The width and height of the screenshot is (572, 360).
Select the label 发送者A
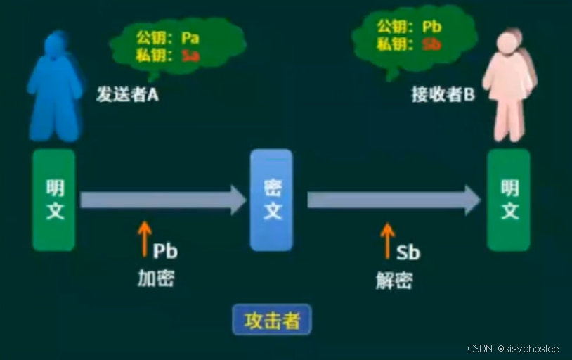pyautogui.click(x=127, y=96)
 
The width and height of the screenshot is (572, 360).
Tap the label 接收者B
pyautogui.click(x=443, y=96)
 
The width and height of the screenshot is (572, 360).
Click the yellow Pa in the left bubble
pyautogui.click(x=190, y=37)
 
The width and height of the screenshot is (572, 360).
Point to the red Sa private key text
pyautogui.click(x=190, y=56)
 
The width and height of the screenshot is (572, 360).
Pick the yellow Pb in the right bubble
pyautogui.click(x=431, y=27)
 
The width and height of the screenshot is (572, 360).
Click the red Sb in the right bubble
pyautogui.click(x=431, y=44)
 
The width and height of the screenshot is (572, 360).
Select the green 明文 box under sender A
pyautogui.click(x=54, y=200)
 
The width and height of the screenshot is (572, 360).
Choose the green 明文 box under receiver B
pyautogui.click(x=509, y=200)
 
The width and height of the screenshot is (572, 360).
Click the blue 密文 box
pyautogui.click(x=272, y=200)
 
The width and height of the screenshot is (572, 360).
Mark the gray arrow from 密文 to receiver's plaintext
pyautogui.click(x=394, y=200)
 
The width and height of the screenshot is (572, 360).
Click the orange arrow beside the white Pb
pyautogui.click(x=144, y=239)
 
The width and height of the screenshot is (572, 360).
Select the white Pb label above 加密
pyautogui.click(x=166, y=250)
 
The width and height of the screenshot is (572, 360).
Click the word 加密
pyautogui.click(x=155, y=278)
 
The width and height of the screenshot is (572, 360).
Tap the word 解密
pyautogui.click(x=394, y=281)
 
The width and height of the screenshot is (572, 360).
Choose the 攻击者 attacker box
pyautogui.click(x=272, y=321)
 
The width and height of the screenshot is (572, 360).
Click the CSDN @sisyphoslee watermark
pyautogui.click(x=512, y=349)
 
